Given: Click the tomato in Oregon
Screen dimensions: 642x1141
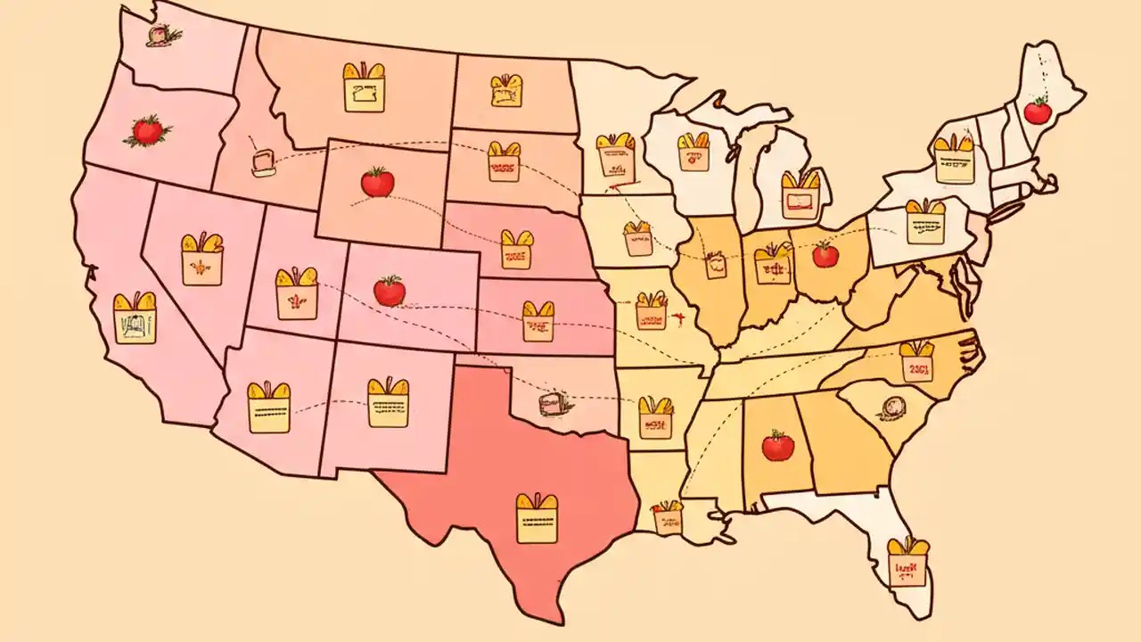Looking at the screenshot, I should (x=148, y=132).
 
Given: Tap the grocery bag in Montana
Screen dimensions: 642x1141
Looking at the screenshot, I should (x=364, y=87).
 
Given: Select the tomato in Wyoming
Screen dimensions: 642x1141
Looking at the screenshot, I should (x=377, y=182).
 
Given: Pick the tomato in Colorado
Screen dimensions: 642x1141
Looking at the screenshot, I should (x=389, y=291).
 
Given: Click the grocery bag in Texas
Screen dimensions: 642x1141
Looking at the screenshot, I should (x=537, y=518).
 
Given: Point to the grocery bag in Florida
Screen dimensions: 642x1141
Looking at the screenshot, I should (x=907, y=563).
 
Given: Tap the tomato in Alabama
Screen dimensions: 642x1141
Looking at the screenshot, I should (x=777, y=445).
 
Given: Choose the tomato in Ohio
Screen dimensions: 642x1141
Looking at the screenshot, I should (x=825, y=255).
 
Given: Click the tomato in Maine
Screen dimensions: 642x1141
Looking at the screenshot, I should (x=1037, y=111).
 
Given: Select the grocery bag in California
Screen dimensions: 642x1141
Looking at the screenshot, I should (x=135, y=318).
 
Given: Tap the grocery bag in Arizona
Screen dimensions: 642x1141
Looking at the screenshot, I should (x=268, y=407).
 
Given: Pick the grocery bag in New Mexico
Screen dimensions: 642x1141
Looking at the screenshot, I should (x=389, y=402).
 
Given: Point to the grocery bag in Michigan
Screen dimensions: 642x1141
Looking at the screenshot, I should (x=800, y=193).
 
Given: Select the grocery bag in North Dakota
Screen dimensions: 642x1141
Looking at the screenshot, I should (x=506, y=89).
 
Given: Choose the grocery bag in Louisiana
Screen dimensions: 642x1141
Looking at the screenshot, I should (x=667, y=517).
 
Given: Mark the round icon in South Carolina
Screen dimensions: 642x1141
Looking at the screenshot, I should (x=891, y=407).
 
